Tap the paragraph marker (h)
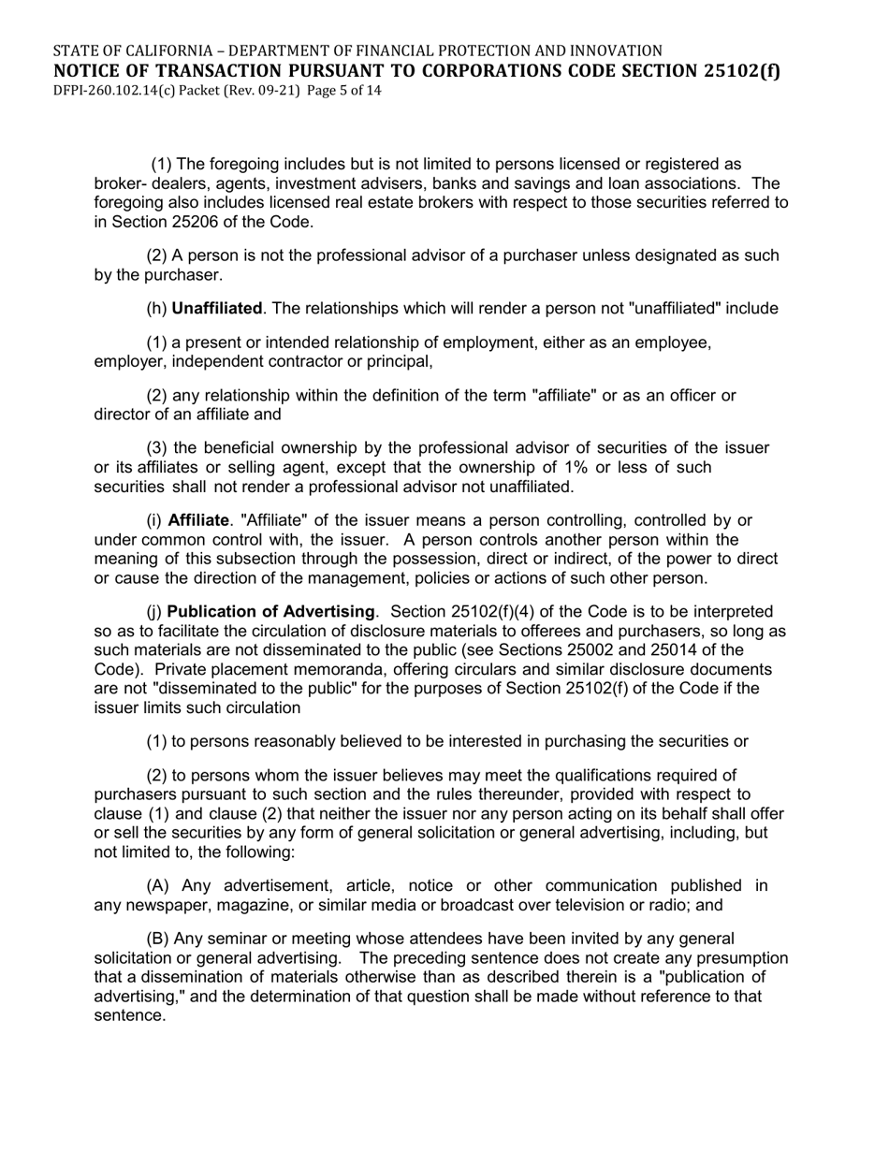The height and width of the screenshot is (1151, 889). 157,308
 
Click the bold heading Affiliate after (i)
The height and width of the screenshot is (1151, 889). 198,519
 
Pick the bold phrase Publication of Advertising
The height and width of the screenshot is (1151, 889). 271,612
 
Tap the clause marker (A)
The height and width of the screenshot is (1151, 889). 159,885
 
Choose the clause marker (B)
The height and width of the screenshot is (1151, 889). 159,939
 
